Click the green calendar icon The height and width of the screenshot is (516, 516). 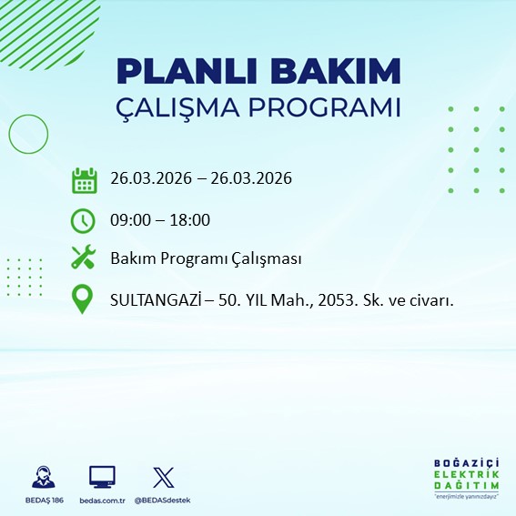[x=84, y=179]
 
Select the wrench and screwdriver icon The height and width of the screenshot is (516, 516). [x=84, y=258]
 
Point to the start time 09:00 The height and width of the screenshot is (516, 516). [x=130, y=219]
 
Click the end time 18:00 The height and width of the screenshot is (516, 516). [x=190, y=219]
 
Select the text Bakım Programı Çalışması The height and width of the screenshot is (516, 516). [x=206, y=258]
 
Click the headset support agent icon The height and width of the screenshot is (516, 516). [x=42, y=477]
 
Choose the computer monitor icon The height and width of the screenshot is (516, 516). [x=102, y=477]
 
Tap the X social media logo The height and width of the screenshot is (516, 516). [x=163, y=477]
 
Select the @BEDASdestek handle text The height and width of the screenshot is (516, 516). [x=163, y=500]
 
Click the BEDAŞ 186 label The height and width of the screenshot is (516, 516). [x=41, y=500]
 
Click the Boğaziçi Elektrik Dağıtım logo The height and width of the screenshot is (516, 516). [x=466, y=480]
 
